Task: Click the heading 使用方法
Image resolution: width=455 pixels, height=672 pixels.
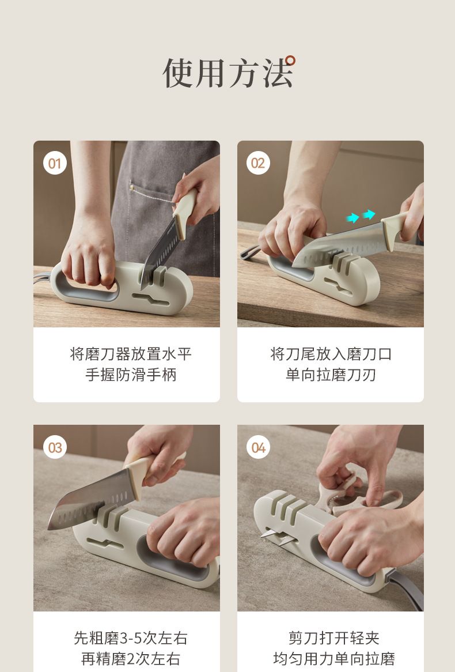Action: pyautogui.click(x=227, y=74)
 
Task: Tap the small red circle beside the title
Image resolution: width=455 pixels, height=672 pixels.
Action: pyautogui.click(x=290, y=60)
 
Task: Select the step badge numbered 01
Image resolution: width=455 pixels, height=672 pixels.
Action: pyautogui.click(x=54, y=164)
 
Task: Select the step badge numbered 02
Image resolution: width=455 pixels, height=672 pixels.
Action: pyautogui.click(x=258, y=164)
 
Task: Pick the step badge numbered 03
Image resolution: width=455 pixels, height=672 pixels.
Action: pyautogui.click(x=54, y=448)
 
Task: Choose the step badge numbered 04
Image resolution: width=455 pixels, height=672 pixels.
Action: pyautogui.click(x=258, y=448)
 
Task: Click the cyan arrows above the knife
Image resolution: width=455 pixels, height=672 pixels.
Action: pyautogui.click(x=361, y=216)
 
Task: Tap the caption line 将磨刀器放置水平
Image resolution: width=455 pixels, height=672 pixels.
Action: pyautogui.click(x=130, y=354)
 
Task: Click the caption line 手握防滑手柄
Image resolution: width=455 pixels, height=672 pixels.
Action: pyautogui.click(x=130, y=375)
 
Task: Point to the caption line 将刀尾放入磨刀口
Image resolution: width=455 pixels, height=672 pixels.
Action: pyautogui.click(x=331, y=354)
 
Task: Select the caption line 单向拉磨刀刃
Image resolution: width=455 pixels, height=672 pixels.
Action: pyautogui.click(x=331, y=375)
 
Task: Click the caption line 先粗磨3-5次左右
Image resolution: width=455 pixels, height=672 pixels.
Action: pyautogui.click(x=130, y=638)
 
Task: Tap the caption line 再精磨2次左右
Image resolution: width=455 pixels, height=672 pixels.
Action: pyautogui.click(x=130, y=659)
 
